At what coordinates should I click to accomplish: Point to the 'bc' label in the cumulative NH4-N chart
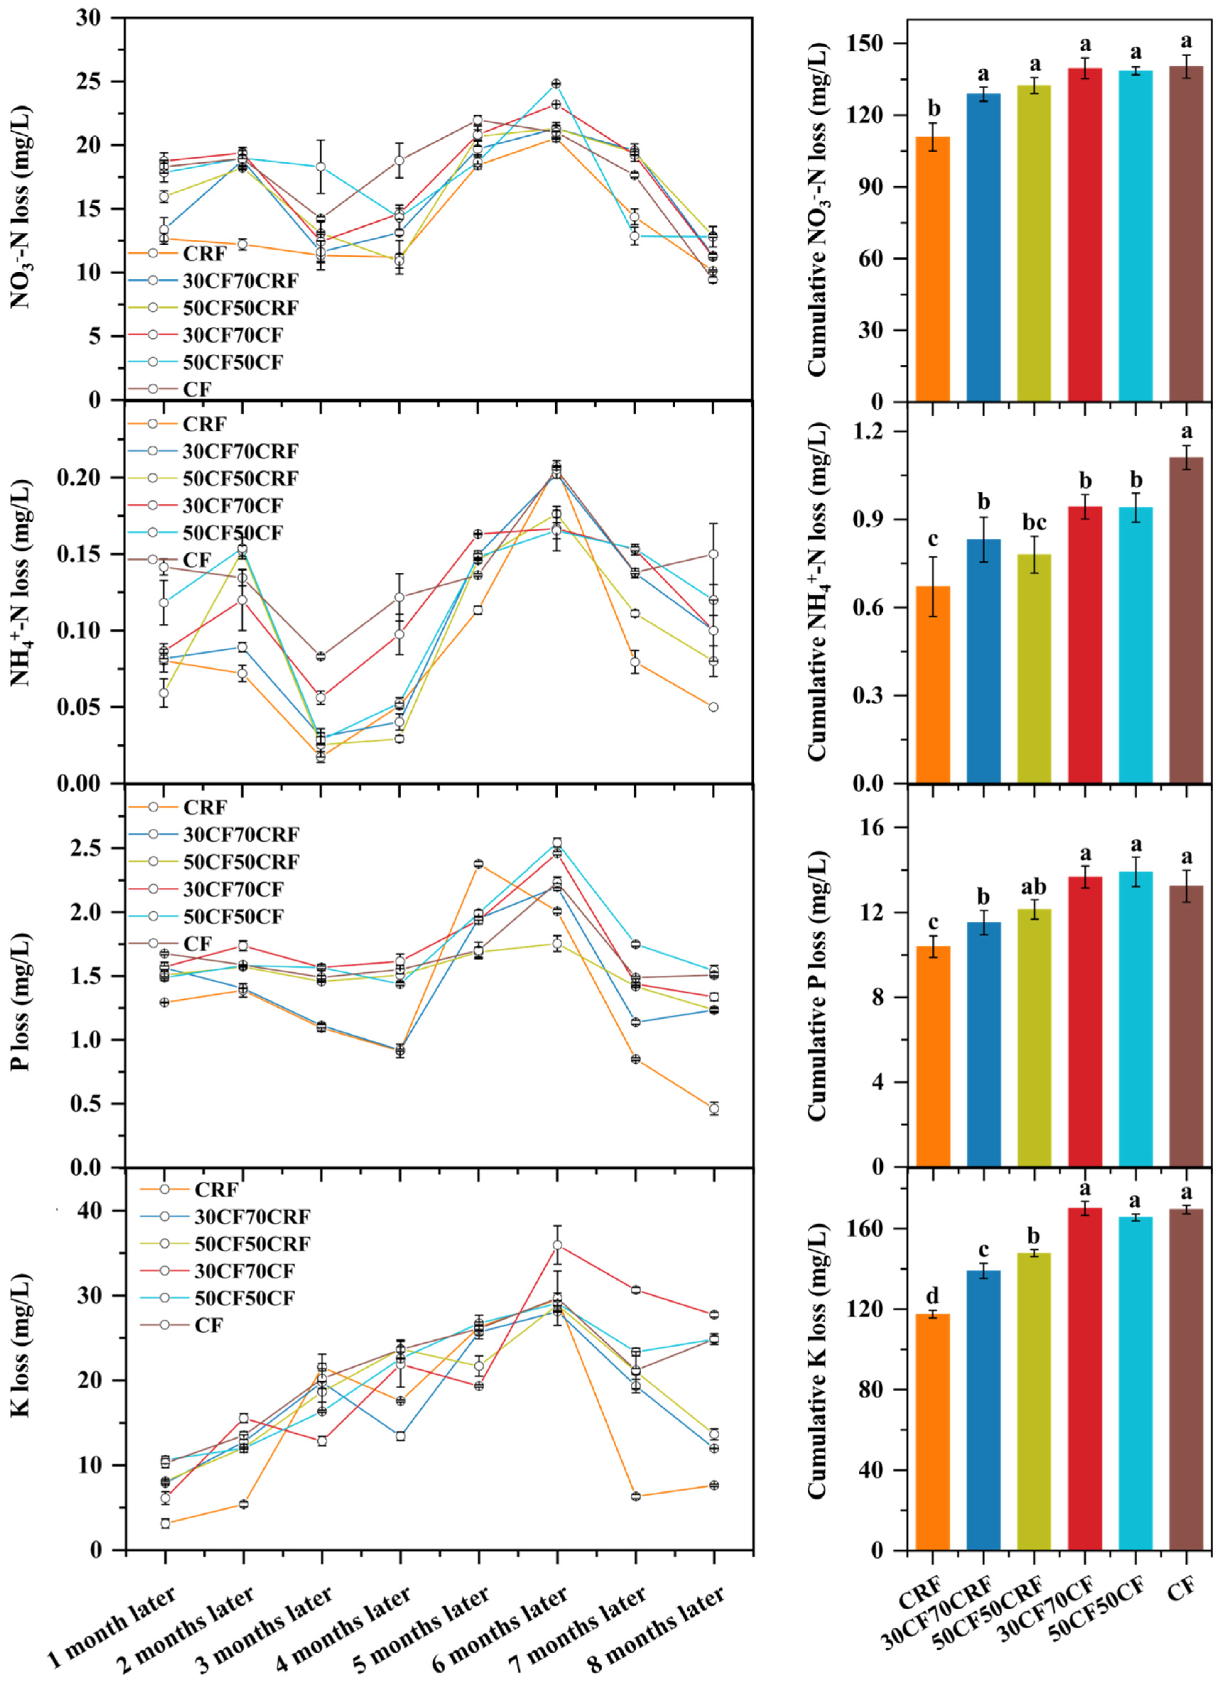(x=1034, y=523)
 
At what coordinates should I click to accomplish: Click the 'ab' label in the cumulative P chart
(x=1034, y=887)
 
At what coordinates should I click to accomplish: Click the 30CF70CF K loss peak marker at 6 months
(x=557, y=1245)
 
